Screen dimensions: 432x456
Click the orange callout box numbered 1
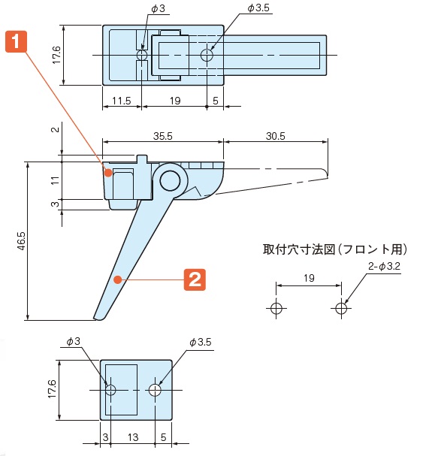pos(16,42)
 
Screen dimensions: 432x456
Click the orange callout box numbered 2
pos(195,279)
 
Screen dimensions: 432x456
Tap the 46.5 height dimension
pos(22,241)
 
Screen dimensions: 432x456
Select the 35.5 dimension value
pos(163,136)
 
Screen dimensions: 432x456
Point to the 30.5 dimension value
pos(275,136)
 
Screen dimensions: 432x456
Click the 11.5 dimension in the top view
pos(122,101)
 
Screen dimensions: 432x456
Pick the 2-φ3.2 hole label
pos(384,266)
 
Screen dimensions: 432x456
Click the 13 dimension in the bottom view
pos(133,437)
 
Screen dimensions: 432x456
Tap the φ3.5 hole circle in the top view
pos(207,55)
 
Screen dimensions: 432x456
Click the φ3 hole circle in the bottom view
pos(110,390)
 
